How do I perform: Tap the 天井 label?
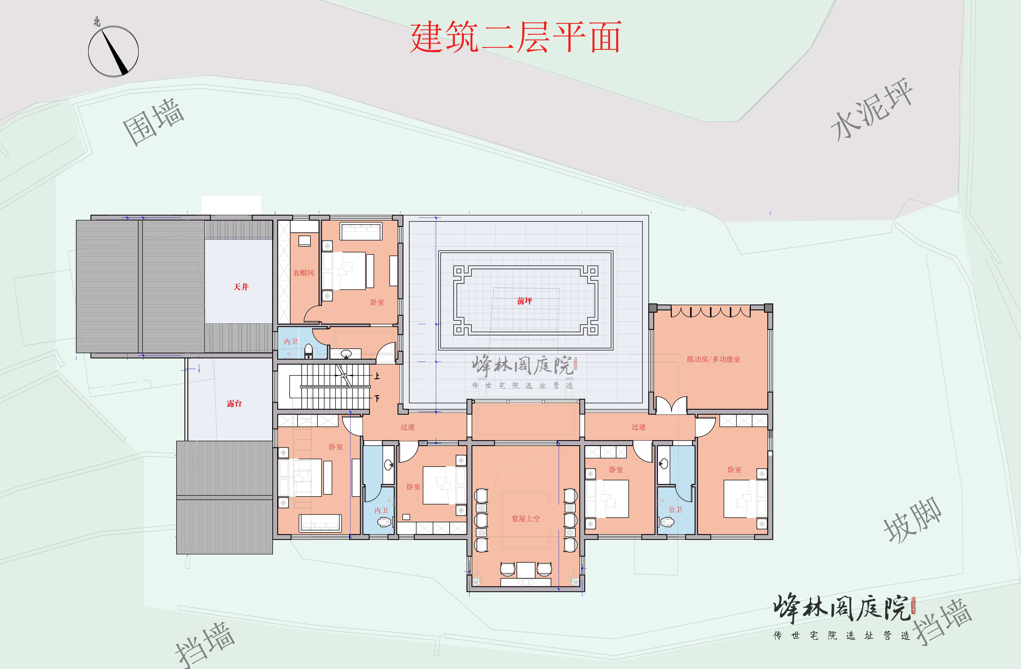coord(241,287)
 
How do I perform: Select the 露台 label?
coord(234,403)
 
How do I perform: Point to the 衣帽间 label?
coord(303,273)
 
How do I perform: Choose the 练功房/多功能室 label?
coord(713,359)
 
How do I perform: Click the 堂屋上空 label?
coord(526,519)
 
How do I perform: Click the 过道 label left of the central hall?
coord(408,427)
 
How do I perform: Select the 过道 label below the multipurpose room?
coord(638,427)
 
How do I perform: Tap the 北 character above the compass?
coord(97,21)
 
